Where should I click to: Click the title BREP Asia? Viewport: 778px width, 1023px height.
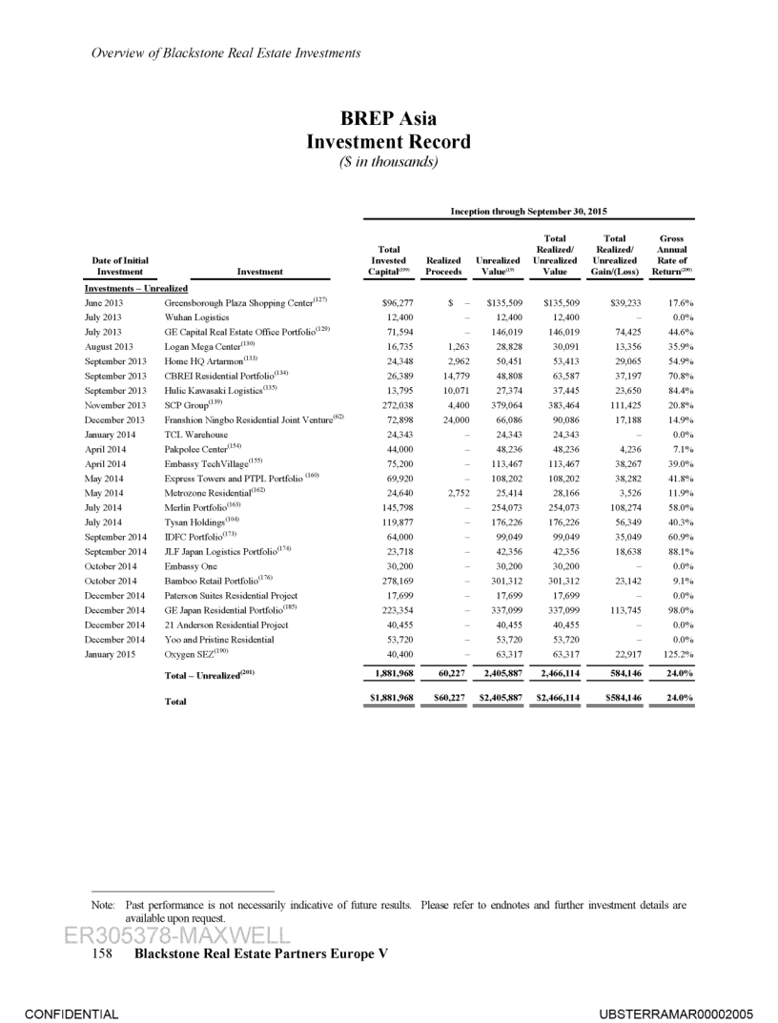(x=388, y=120)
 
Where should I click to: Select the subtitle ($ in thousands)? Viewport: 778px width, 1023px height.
(x=388, y=162)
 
